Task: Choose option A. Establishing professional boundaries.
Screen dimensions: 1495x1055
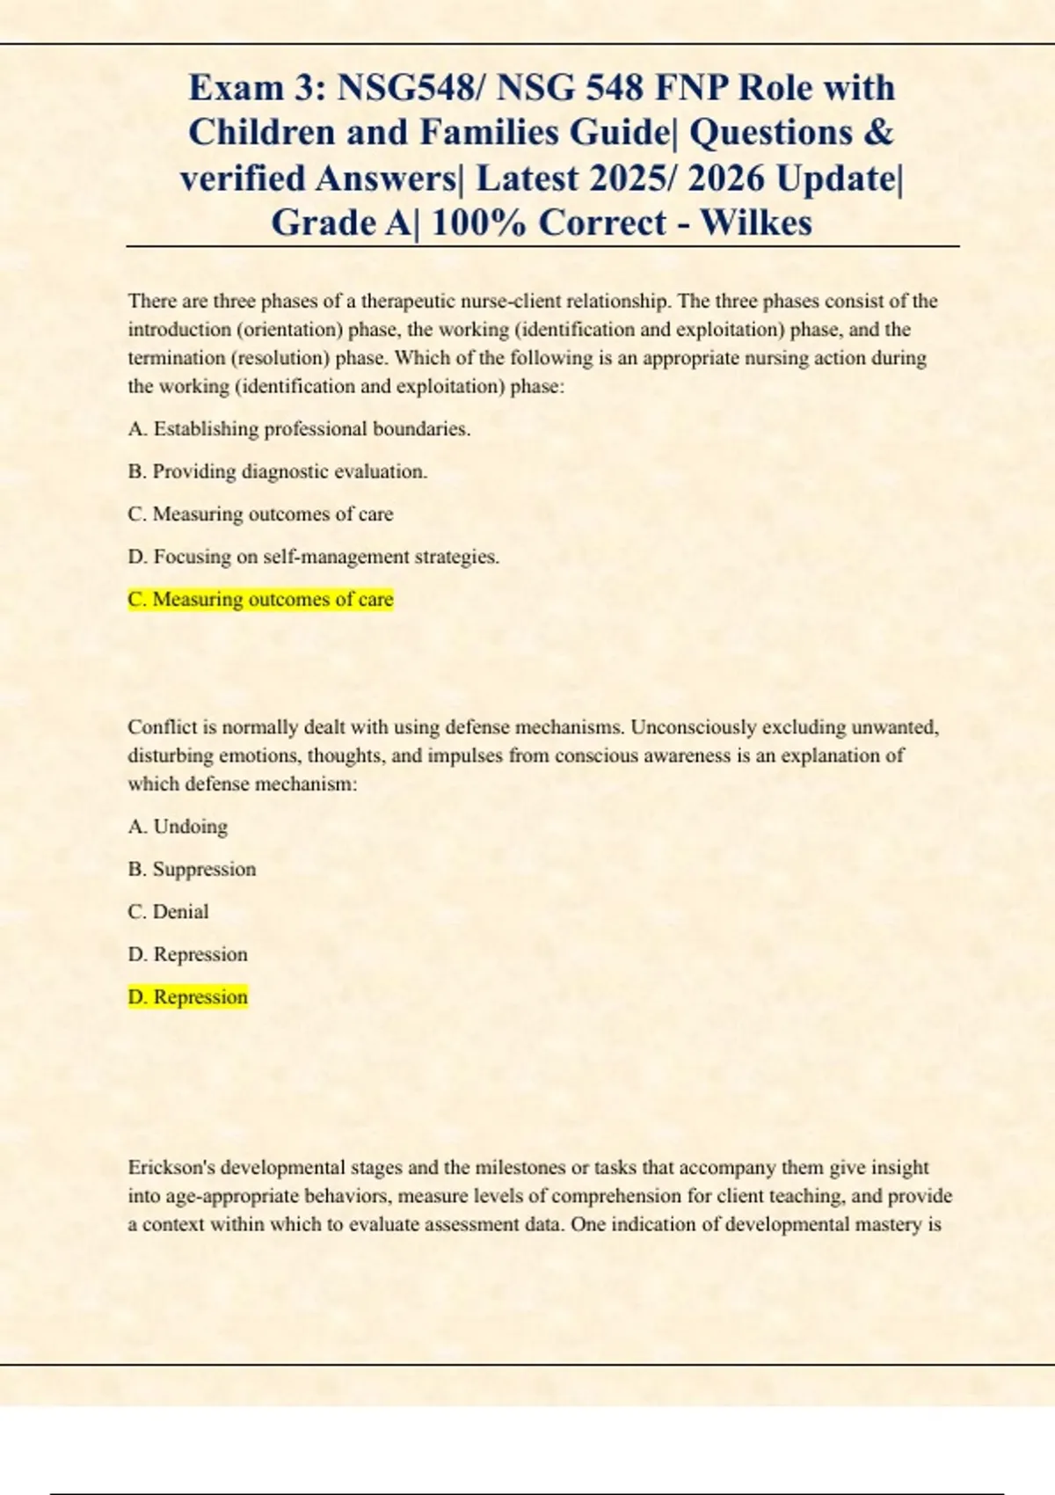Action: (299, 429)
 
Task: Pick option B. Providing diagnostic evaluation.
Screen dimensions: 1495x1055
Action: (277, 471)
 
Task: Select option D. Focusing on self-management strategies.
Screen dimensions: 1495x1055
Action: (313, 557)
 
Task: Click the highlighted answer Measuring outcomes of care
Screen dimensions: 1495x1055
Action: (260, 600)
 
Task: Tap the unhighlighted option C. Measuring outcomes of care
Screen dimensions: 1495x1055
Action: (260, 514)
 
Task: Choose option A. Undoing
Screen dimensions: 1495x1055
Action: (178, 827)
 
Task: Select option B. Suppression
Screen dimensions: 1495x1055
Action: (192, 869)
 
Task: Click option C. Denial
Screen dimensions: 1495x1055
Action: (168, 912)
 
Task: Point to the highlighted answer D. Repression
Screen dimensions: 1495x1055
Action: (187, 997)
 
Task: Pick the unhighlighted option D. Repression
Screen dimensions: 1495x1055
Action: (187, 954)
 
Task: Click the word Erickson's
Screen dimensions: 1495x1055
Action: (171, 1168)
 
